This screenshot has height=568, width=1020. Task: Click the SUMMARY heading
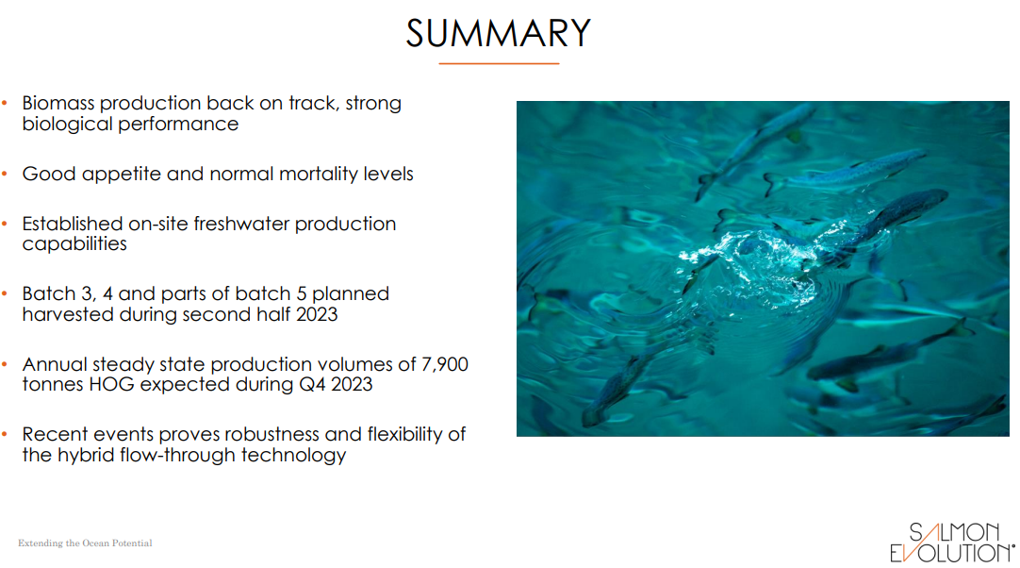pos(498,34)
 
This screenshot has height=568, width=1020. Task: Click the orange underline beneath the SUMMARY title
pos(499,63)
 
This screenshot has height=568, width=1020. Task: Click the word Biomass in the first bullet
pos(58,103)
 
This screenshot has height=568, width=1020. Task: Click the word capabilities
pos(74,244)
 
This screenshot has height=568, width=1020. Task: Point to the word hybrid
pos(87,455)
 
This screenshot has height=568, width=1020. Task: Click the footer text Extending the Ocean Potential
pos(85,543)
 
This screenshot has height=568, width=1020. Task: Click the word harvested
pos(67,314)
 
